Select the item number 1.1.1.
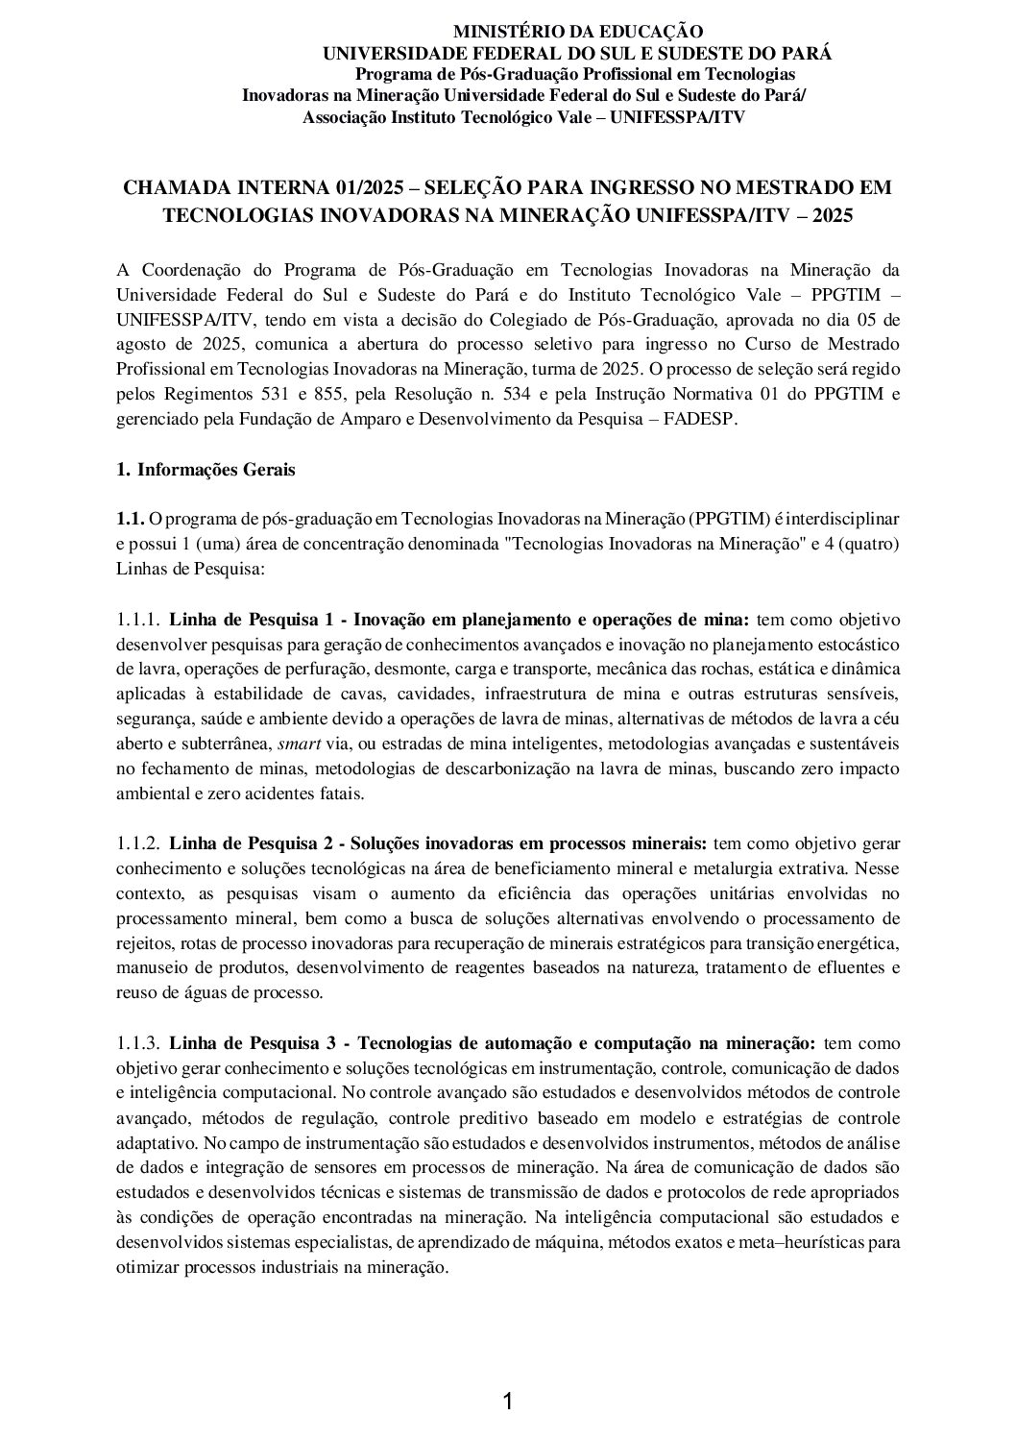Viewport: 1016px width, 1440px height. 137,620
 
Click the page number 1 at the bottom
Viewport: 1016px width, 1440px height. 508,1403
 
